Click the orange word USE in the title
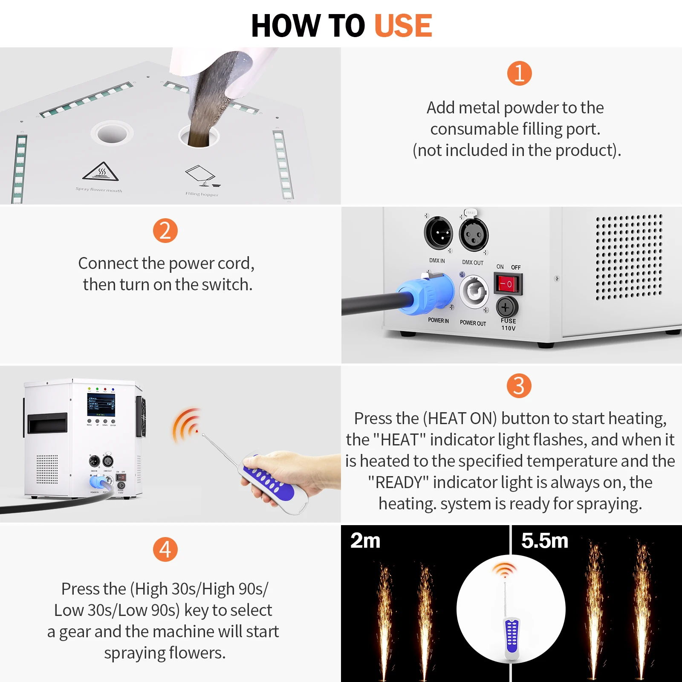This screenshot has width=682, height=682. pos(403,26)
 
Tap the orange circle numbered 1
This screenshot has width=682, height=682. pos(519,73)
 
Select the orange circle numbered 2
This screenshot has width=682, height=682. pos(165,231)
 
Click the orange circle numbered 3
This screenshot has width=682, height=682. pos(519,386)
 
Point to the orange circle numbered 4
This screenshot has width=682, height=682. pos(165,549)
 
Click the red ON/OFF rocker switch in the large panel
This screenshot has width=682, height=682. pos(507,284)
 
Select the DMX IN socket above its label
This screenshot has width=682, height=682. pos(438,233)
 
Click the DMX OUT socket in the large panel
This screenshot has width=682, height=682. pos(474,234)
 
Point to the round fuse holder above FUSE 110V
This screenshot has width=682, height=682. pos(507,307)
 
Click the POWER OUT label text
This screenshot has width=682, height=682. pos(473,323)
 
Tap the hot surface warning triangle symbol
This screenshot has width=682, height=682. pos(101,172)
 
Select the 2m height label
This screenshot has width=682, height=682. pos(365,540)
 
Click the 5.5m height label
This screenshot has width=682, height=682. pos(544,540)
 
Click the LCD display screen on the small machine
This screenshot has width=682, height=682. pos(101,405)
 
